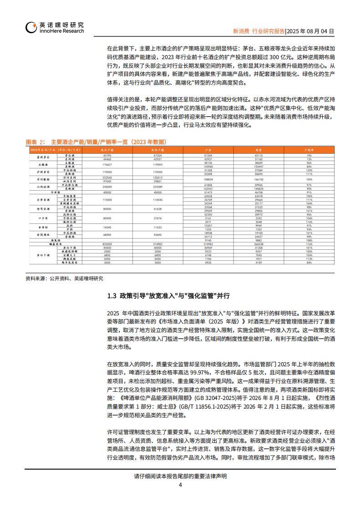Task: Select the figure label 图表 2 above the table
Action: (x=35, y=142)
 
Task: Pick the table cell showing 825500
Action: (x=107, y=244)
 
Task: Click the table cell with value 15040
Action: (x=107, y=227)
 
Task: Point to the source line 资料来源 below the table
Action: (x=64, y=278)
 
